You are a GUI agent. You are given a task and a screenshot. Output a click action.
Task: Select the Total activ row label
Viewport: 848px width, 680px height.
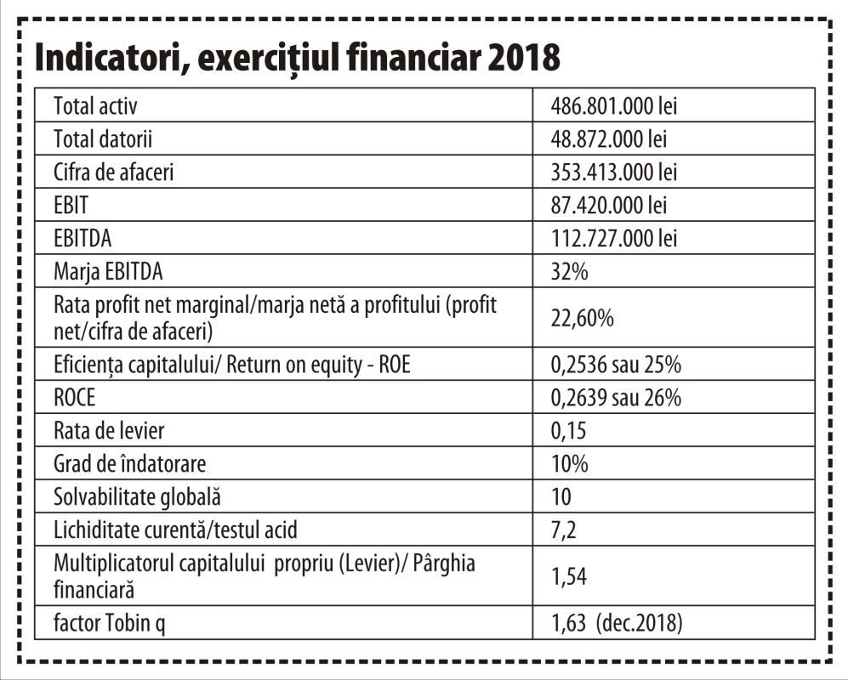point(95,106)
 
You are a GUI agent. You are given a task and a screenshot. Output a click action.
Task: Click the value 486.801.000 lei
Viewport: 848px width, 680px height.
point(614,106)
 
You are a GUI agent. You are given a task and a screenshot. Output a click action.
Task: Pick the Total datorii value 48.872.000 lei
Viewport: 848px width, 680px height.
point(609,139)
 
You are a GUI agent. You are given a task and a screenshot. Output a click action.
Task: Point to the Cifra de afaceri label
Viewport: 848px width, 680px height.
point(114,172)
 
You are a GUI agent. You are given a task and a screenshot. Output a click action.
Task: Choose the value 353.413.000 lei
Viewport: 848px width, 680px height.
point(614,172)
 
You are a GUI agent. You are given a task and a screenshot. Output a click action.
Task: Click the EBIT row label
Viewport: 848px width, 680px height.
point(71,206)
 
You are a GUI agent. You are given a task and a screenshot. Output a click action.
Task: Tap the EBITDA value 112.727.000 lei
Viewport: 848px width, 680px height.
point(614,238)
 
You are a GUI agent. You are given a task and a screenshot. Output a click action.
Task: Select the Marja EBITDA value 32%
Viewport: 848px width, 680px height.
point(570,271)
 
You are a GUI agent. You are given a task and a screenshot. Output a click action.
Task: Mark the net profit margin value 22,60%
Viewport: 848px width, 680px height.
point(583,318)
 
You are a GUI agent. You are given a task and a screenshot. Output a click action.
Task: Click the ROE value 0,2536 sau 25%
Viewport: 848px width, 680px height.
point(616,365)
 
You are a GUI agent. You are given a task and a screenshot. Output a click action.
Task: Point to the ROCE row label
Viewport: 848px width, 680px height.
point(75,398)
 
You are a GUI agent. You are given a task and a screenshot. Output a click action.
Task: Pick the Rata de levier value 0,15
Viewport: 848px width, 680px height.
point(568,431)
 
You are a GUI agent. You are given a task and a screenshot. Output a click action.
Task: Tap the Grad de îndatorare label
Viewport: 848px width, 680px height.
point(130,464)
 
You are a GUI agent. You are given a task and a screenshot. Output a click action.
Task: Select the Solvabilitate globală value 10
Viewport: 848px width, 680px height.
point(561,496)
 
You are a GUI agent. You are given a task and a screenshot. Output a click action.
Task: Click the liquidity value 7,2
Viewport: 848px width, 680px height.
point(564,530)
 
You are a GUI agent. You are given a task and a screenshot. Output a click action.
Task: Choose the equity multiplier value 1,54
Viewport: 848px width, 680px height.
point(568,576)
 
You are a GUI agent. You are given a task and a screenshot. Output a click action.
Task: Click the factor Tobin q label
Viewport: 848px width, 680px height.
point(109,623)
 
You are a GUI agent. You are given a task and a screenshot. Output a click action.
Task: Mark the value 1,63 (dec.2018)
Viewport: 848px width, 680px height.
point(617,623)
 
